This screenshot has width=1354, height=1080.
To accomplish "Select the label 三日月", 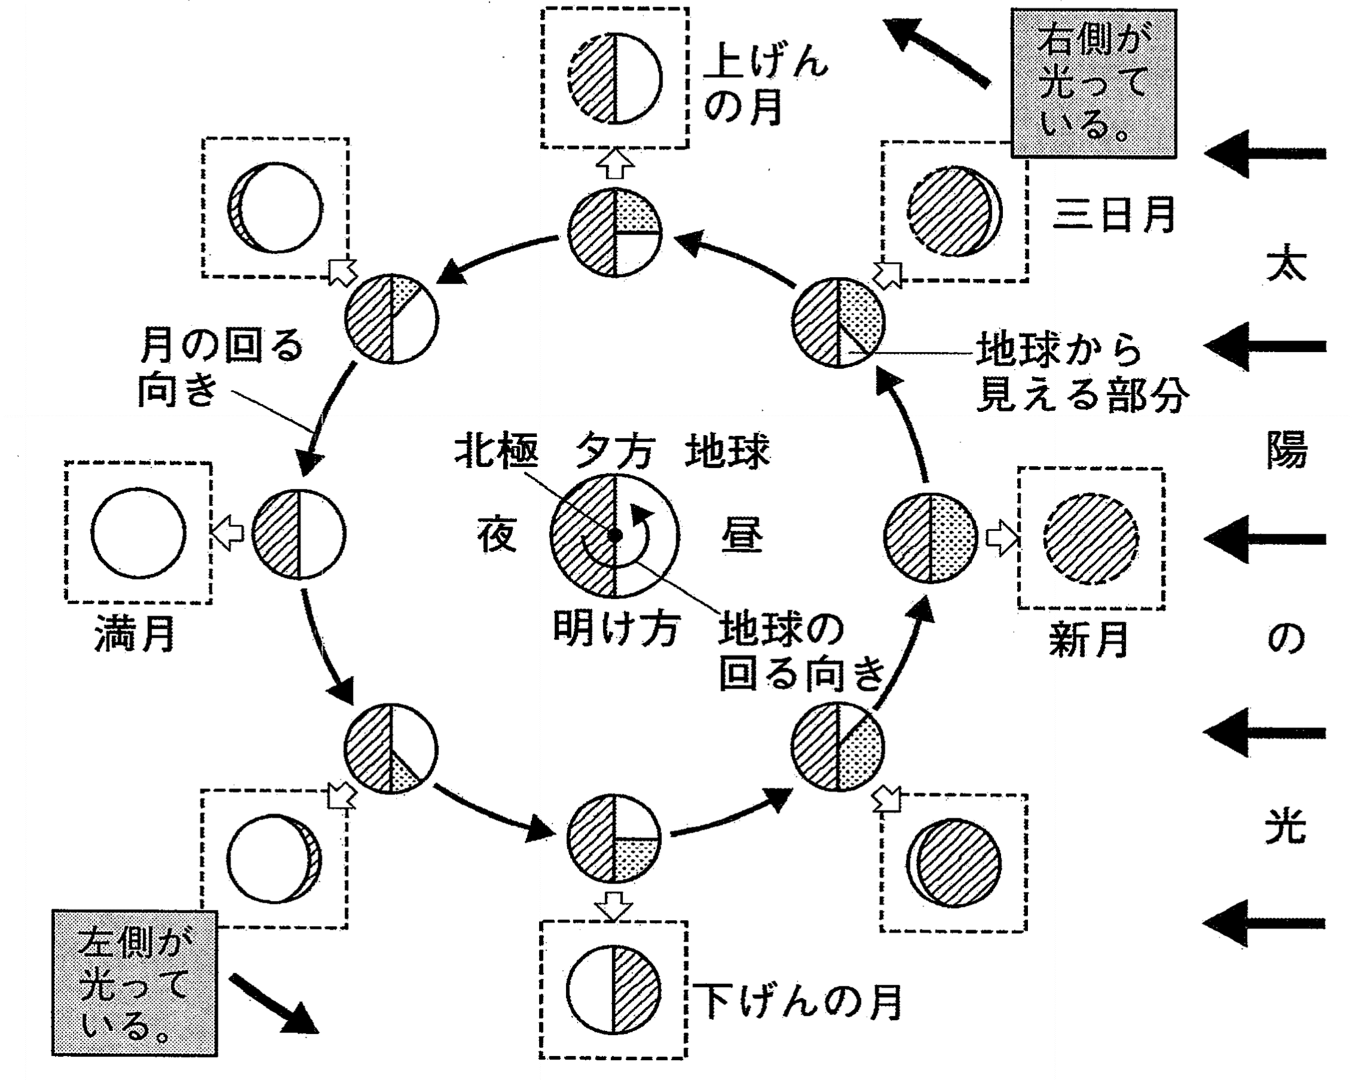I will point(1113,214).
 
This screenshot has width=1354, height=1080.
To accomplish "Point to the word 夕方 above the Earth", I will point(615,452).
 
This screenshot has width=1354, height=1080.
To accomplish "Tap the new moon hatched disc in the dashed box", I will point(1091,538).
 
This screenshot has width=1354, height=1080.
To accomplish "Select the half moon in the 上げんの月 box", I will point(615,78).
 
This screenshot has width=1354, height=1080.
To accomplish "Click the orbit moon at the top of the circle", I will point(615,233).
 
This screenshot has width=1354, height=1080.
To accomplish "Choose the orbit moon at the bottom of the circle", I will point(614,839).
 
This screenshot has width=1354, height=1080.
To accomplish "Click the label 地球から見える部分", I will point(1082,374).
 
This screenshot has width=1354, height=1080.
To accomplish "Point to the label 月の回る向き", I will point(221,368).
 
